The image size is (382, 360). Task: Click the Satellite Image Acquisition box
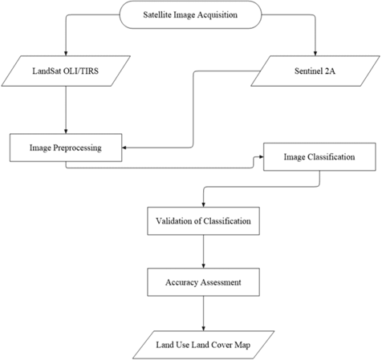(189, 14)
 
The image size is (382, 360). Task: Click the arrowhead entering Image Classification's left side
(259, 156)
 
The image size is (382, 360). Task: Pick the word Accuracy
(182, 281)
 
